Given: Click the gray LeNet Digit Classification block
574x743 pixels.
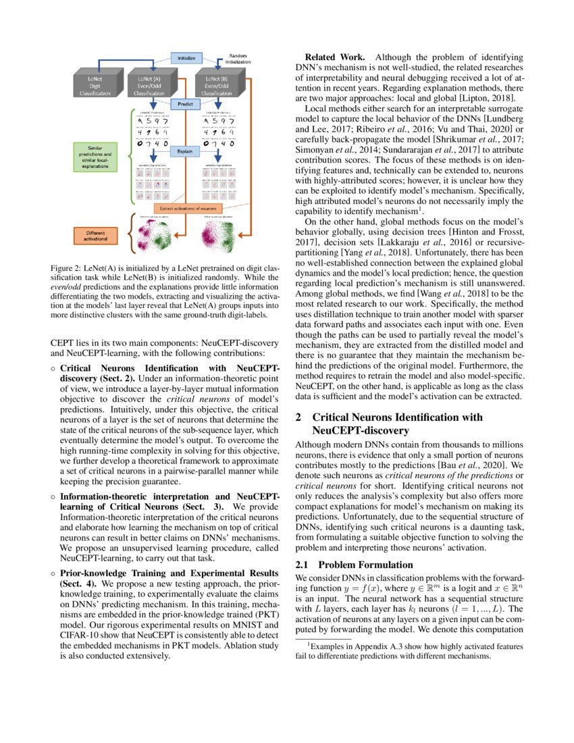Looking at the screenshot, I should [x=92, y=86].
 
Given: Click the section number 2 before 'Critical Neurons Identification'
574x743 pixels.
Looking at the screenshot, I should [x=300, y=417].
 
